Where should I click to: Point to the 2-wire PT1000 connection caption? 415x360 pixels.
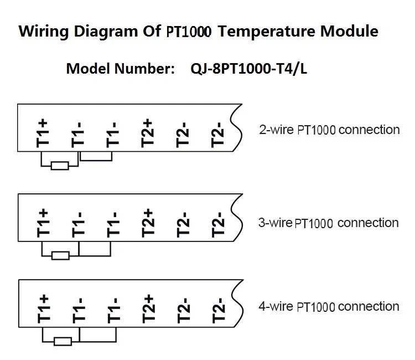click(329, 130)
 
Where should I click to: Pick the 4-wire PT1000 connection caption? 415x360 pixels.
click(329, 306)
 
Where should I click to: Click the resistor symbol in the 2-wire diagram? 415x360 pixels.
click(60, 165)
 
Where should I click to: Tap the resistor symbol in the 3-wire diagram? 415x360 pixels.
click(60, 255)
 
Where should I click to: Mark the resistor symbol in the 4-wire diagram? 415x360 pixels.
click(62, 341)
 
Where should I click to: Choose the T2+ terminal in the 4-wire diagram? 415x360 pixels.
click(148, 308)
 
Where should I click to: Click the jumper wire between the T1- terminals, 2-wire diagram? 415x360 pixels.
click(97, 161)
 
